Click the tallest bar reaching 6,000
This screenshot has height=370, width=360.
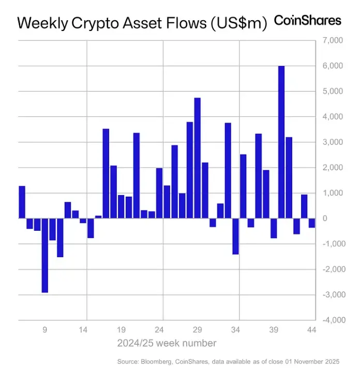(281, 142)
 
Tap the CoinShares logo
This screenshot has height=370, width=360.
(307, 20)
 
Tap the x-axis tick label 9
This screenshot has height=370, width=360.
(45, 329)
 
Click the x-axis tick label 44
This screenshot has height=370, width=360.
(311, 329)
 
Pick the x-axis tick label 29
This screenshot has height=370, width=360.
(197, 329)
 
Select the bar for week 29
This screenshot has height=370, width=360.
(197, 158)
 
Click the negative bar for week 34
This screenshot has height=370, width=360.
(235, 236)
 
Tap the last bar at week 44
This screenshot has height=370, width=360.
(312, 223)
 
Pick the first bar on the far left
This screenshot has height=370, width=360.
(22, 202)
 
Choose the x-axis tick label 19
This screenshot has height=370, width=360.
(121, 329)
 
